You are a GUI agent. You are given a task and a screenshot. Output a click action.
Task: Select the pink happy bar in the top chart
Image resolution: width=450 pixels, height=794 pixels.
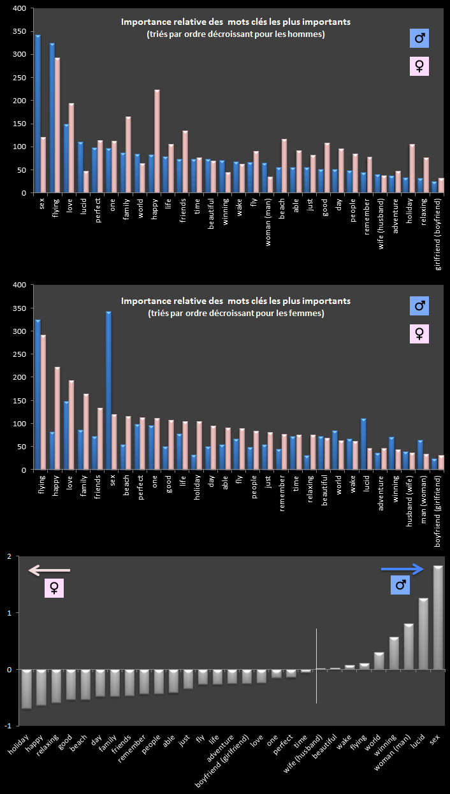(x=157, y=141)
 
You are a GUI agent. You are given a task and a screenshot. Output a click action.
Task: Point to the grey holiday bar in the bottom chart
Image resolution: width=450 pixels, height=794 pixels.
(x=26, y=689)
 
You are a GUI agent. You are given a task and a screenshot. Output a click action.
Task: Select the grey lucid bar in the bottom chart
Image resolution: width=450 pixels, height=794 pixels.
(x=423, y=634)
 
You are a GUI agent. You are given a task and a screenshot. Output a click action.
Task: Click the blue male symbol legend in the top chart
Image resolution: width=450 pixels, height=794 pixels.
(x=419, y=39)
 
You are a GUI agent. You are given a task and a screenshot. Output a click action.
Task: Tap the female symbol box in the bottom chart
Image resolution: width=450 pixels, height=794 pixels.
(x=54, y=588)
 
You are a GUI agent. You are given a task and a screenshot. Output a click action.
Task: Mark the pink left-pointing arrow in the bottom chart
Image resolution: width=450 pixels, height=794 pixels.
(x=49, y=570)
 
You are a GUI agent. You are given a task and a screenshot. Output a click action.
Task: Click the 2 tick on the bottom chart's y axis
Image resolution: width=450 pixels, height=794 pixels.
(x=8, y=557)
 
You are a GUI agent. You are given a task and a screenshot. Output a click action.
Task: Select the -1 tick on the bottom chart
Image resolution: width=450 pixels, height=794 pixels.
(x=7, y=726)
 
